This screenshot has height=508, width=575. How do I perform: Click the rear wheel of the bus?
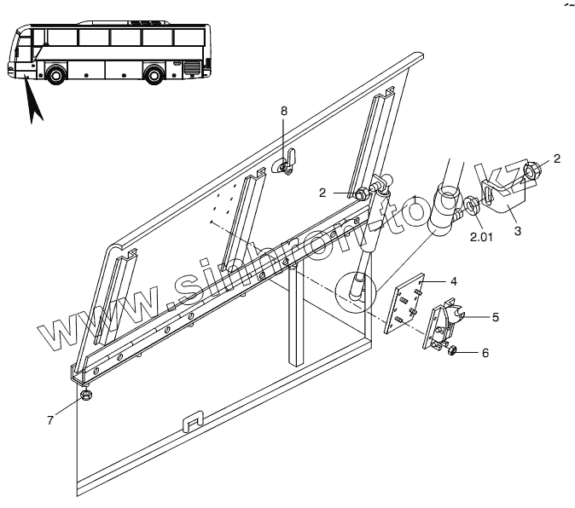click(154, 74)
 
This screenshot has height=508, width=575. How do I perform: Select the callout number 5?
click(496, 317)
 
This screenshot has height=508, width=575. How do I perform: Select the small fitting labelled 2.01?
click(470, 205)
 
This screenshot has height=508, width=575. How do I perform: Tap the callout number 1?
click(414, 199)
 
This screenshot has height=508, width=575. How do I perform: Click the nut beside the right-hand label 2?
click(531, 174)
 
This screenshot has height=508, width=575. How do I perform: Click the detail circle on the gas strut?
click(355, 292)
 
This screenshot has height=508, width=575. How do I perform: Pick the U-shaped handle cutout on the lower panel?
click(195, 422)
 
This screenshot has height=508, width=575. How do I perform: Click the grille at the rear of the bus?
click(193, 67)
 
